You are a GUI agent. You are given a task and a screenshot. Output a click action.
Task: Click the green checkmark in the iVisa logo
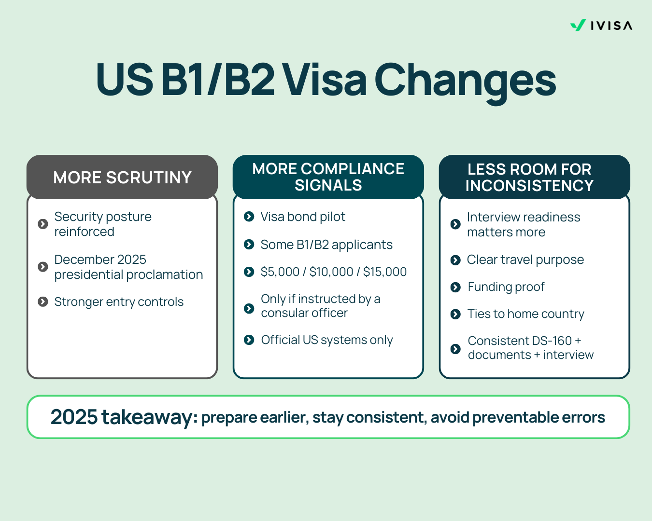coord(578,25)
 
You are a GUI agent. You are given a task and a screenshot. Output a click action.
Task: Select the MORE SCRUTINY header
coord(122,177)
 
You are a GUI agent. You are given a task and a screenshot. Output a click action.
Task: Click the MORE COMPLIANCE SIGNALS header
coord(328,177)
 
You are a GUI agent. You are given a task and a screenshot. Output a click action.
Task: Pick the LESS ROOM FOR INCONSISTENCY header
coord(535,177)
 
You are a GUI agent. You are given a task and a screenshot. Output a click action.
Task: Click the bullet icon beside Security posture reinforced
coord(43,224)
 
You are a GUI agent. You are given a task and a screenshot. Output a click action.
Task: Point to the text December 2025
coord(100,260)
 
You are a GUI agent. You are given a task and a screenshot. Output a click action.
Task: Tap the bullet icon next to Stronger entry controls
coord(43,302)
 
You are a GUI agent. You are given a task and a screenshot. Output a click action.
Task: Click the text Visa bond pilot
coord(303,217)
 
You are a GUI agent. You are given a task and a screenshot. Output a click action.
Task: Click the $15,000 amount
coord(385,272)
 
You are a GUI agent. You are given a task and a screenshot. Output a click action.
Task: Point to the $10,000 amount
coord(331,272)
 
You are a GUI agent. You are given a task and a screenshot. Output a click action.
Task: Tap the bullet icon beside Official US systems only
coord(249,340)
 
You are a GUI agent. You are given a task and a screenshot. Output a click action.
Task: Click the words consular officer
coord(304,313)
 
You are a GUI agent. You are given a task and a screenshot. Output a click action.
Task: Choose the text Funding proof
coord(506,287)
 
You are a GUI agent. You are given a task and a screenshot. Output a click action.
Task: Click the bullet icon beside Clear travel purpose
coord(455,260)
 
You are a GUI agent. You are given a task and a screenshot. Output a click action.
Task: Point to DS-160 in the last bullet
coord(552,341)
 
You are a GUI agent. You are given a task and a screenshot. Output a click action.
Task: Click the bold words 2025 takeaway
coord(122,417)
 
